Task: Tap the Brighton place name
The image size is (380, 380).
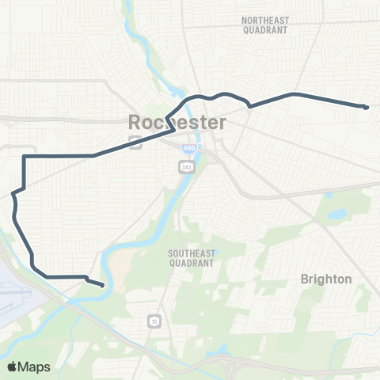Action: point(325,279)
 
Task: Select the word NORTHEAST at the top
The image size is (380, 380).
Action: point(266,19)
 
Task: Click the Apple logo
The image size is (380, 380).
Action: point(13,367)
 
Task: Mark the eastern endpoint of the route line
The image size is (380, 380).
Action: point(367,107)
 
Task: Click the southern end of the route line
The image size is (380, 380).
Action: point(102,285)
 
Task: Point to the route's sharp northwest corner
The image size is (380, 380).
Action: point(25,157)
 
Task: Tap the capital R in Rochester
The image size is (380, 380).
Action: point(135,123)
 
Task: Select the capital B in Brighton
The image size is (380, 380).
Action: point(305,279)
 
